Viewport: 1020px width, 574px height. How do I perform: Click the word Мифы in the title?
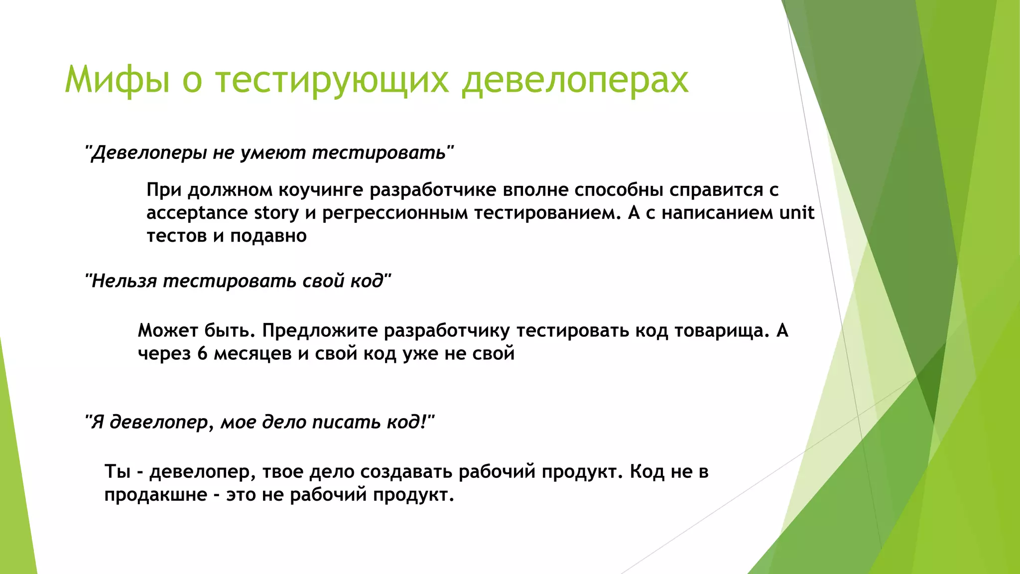pos(118,80)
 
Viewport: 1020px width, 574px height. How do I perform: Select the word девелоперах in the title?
pos(575,80)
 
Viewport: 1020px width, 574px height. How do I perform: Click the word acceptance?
pos(197,213)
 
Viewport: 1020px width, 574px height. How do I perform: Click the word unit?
pos(796,213)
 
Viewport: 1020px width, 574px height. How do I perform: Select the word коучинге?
pos(320,190)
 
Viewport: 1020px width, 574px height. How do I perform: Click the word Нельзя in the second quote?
pos(125,281)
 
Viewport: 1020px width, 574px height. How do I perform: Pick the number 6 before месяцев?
pos(202,354)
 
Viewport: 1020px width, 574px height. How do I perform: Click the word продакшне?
pos(156,495)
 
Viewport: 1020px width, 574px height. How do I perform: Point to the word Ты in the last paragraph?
pos(117,471)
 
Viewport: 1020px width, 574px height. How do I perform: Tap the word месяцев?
pos(253,354)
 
